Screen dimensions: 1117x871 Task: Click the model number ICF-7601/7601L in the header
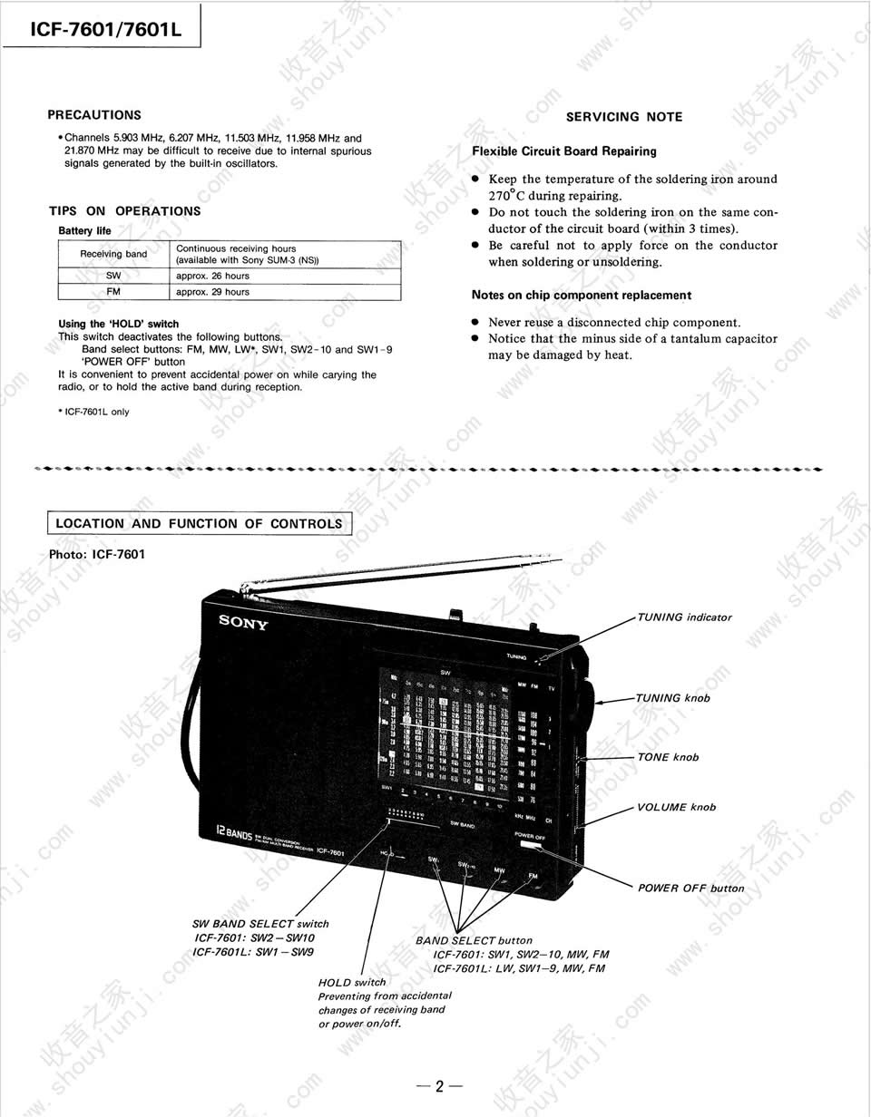tap(106, 29)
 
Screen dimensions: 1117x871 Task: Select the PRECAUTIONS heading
tap(94, 115)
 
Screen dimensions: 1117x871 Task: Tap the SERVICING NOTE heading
tap(624, 117)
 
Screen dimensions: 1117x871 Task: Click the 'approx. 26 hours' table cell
tap(212, 276)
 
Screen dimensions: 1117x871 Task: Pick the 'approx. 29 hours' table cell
tap(212, 292)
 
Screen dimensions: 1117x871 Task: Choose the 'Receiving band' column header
tap(113, 254)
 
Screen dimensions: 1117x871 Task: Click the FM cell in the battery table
tap(113, 292)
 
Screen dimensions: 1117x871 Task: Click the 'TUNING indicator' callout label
tap(684, 617)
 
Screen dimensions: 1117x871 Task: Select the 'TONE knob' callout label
tap(668, 757)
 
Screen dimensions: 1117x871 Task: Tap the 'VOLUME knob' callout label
tap(676, 807)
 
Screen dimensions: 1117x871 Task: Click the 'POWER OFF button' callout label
tap(690, 888)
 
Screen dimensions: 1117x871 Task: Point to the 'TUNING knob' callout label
tap(672, 698)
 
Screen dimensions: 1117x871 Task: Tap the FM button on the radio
tap(533, 875)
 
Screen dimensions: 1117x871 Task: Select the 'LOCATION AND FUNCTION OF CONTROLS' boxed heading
tap(199, 523)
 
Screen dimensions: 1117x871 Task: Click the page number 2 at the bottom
tap(439, 1086)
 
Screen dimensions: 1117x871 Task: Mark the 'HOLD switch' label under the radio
tap(352, 982)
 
